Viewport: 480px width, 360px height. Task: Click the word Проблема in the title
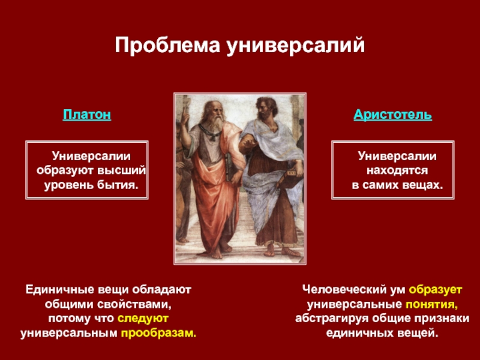[x=167, y=46]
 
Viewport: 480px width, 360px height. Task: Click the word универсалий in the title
[x=295, y=46]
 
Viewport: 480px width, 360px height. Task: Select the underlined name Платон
[x=87, y=115]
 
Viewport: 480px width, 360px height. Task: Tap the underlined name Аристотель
[x=393, y=115]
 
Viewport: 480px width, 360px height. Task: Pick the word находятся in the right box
[x=397, y=170]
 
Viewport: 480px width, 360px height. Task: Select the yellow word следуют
[x=143, y=319]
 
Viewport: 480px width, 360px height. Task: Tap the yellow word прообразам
[x=158, y=333]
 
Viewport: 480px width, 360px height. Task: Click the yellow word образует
[x=436, y=290]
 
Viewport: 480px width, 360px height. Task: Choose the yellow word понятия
[x=431, y=305]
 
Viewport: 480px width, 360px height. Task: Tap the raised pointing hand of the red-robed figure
[x=185, y=117]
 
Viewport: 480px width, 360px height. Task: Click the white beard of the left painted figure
[x=217, y=124]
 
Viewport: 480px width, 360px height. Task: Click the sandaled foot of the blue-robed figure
[x=289, y=251]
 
